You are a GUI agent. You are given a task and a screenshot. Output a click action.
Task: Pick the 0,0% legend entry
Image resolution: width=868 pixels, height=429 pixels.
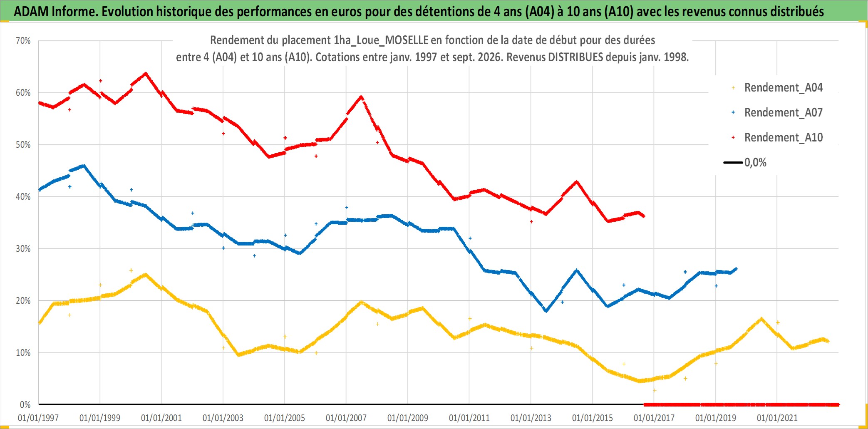pyautogui.click(x=745, y=162)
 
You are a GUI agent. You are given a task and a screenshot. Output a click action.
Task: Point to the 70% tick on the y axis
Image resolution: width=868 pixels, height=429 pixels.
pyautogui.click(x=23, y=41)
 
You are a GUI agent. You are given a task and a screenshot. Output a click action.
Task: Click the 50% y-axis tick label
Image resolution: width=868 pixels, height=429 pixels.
pyautogui.click(x=23, y=145)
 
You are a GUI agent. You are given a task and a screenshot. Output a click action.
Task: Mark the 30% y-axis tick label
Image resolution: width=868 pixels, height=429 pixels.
pyautogui.click(x=23, y=249)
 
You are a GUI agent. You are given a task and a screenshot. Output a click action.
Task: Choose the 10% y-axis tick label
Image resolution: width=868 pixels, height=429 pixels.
pyautogui.click(x=23, y=353)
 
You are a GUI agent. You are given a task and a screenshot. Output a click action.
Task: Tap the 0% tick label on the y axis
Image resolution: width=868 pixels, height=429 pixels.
pyautogui.click(x=25, y=405)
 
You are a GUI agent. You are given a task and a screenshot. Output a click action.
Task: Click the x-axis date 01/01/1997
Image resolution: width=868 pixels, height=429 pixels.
pyautogui.click(x=38, y=418)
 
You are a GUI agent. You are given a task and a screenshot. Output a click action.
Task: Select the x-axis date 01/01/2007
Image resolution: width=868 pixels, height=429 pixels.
pyautogui.click(x=346, y=418)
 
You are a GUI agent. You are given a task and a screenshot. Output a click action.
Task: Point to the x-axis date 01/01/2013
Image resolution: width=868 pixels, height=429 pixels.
pyautogui.click(x=531, y=418)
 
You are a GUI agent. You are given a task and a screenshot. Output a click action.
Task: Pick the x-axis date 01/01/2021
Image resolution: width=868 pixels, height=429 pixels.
pyautogui.click(x=777, y=418)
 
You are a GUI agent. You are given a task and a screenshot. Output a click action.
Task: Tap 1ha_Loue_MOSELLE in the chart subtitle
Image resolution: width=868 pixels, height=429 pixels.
pyautogui.click(x=381, y=40)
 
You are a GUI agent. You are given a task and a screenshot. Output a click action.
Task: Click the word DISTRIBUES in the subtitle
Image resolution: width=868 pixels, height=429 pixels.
pyautogui.click(x=576, y=57)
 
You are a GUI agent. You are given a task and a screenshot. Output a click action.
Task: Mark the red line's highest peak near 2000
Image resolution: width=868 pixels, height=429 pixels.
pyautogui.click(x=145, y=74)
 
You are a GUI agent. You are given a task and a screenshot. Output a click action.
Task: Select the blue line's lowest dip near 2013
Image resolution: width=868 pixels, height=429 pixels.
pyautogui.click(x=546, y=310)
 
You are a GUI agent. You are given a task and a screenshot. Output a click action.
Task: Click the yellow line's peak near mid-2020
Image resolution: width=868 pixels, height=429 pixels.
pyautogui.click(x=761, y=319)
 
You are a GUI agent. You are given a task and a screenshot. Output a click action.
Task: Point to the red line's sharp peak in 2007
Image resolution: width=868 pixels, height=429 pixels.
pyautogui.click(x=361, y=97)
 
